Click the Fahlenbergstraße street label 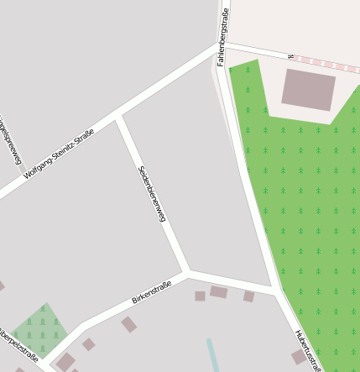click(223, 38)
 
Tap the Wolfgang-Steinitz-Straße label click(59, 153)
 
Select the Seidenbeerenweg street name click(152, 194)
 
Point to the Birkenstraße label click(152, 293)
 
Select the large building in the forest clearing click(308, 89)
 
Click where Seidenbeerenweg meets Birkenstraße click(187, 273)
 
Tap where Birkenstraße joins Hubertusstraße click(276, 291)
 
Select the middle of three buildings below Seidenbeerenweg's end click(218, 292)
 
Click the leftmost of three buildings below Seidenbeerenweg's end click(200, 296)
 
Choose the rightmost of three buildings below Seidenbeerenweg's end click(248, 296)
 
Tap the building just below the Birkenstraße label click(128, 324)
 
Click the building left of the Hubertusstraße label click(299, 357)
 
